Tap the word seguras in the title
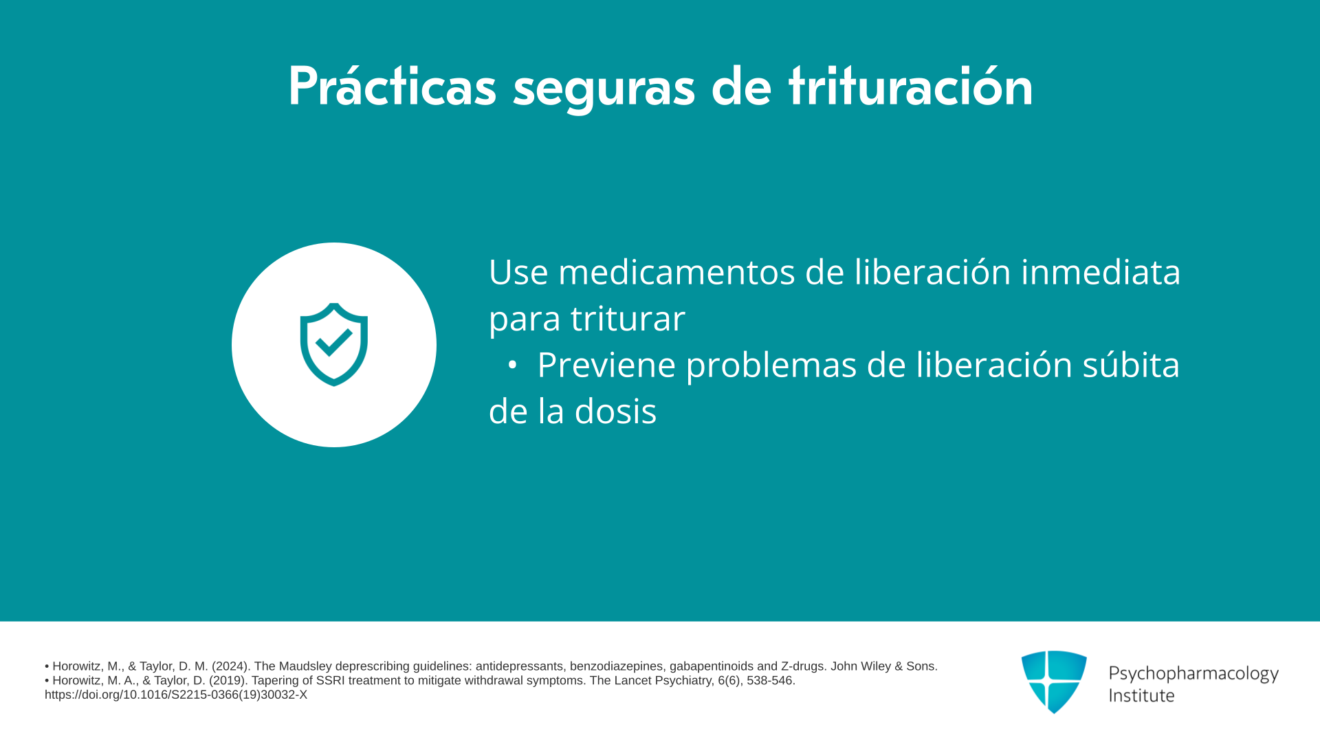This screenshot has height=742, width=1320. tap(604, 91)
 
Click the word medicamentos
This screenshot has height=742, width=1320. tap(676, 272)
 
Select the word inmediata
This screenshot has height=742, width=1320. tap(1101, 272)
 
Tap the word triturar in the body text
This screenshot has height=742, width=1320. tap(628, 318)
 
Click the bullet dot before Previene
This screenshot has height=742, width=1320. tap(511, 366)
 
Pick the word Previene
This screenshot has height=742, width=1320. tap(606, 364)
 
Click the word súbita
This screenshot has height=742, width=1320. tap(1131, 364)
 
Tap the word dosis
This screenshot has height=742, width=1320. tap(615, 411)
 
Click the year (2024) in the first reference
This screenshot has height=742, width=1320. tap(231, 666)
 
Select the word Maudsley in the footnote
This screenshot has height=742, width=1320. tap(305, 666)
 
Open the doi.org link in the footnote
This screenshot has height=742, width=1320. tap(176, 695)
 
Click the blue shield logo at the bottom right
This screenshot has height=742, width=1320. tap(1054, 682)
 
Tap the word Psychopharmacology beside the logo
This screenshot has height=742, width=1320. tap(1193, 674)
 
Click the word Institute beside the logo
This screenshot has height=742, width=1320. tap(1141, 695)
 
